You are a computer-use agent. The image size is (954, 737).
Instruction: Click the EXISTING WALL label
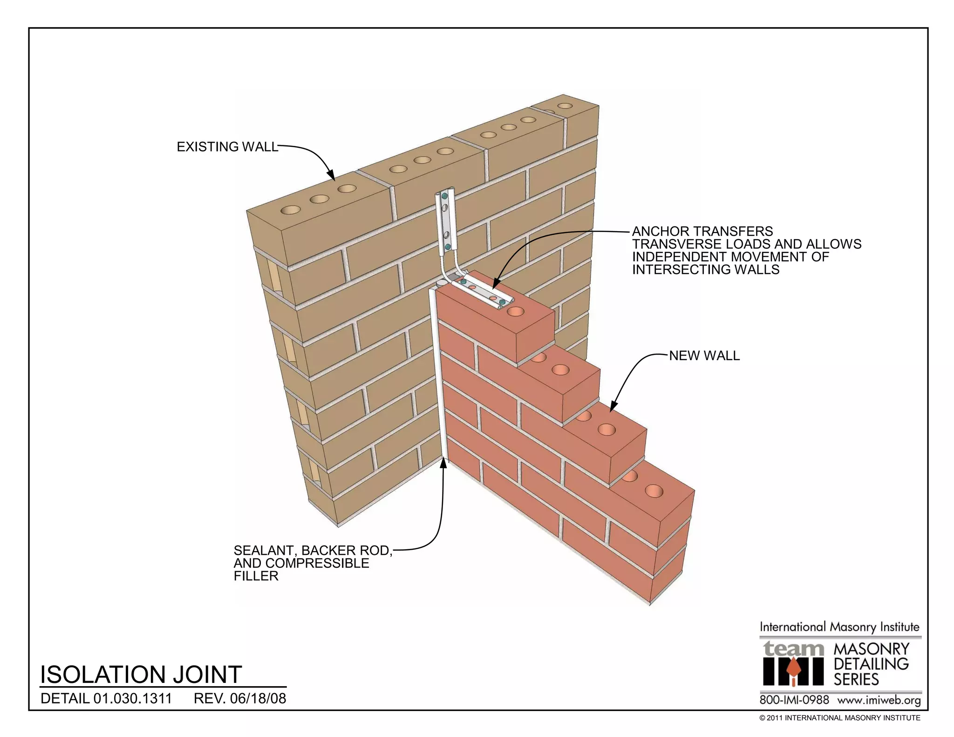[227, 147]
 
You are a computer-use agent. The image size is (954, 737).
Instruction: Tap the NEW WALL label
[704, 356]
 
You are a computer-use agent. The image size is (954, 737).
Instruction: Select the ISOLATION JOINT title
[141, 675]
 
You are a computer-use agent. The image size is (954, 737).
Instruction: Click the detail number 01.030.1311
[133, 699]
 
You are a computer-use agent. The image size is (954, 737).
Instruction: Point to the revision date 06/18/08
[258, 699]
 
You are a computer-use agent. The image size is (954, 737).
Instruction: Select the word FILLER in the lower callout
[256, 576]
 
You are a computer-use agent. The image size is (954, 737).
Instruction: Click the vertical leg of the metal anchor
[445, 224]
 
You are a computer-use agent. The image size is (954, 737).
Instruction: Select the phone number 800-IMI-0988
[794, 700]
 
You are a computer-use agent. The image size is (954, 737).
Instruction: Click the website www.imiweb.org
[879, 700]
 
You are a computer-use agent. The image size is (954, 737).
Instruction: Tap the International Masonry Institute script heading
[840, 627]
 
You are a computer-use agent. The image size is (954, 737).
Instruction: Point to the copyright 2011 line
[840, 718]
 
